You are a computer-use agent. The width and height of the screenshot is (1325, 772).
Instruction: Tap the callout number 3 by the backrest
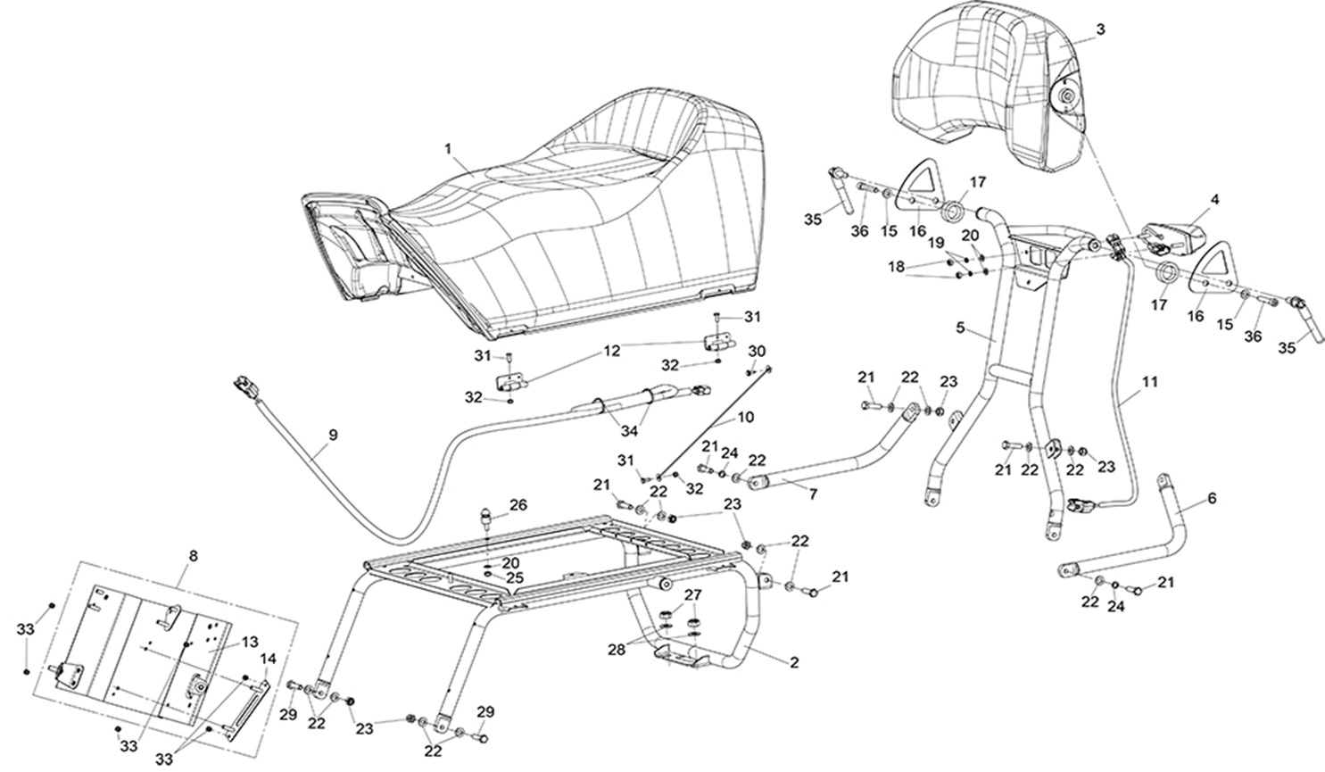tap(1100, 29)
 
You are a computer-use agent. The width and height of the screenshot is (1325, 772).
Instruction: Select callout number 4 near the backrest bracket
tap(1214, 199)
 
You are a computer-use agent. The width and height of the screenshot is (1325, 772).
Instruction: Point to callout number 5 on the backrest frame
tap(960, 328)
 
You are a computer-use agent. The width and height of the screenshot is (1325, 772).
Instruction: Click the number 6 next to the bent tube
tap(1211, 500)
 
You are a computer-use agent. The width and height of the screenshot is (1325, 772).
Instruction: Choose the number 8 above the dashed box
tap(194, 555)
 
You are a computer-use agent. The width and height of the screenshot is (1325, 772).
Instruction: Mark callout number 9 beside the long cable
tap(333, 436)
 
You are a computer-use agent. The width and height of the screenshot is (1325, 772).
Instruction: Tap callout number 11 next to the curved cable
tap(1150, 381)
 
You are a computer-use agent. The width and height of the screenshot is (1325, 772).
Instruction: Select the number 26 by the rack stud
tap(518, 505)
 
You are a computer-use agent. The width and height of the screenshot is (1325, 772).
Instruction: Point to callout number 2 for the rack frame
tap(793, 663)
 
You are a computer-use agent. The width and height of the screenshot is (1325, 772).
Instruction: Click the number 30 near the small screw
tap(757, 350)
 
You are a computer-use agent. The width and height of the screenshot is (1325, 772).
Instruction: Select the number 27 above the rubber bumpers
tap(692, 594)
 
